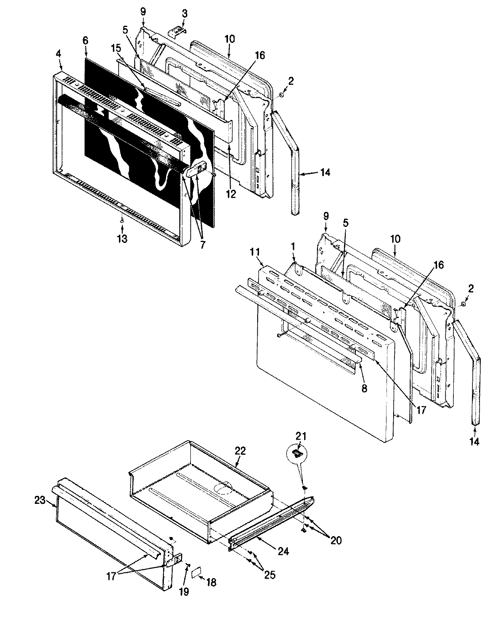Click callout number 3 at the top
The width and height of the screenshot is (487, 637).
(x=184, y=14)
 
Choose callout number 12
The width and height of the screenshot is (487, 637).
(x=232, y=194)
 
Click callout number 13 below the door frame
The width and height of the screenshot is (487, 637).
(x=122, y=239)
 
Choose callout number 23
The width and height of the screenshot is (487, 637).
(x=40, y=500)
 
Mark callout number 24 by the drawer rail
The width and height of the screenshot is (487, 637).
(x=283, y=551)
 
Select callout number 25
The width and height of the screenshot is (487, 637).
(x=269, y=575)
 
